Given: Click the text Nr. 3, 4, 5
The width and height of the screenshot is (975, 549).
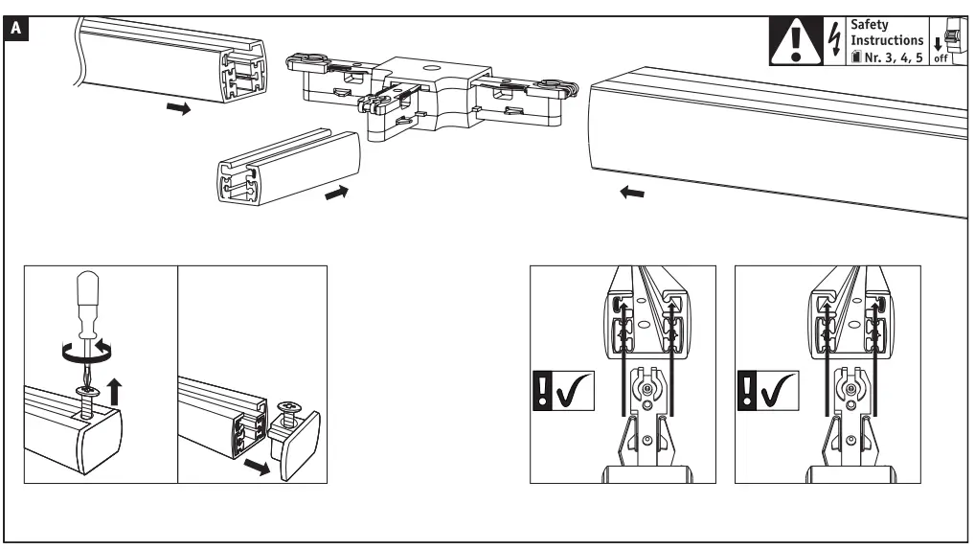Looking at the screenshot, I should click(x=889, y=57).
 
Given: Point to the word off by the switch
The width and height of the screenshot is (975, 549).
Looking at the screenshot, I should click(x=941, y=58).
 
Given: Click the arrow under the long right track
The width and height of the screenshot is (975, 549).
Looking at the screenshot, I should click(x=632, y=194).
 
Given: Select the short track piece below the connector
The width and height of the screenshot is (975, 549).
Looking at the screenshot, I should click(x=287, y=169).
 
